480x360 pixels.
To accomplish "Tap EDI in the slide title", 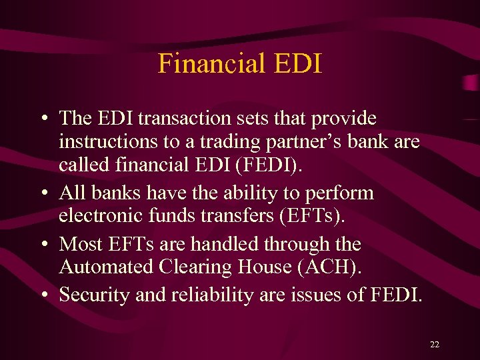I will click(x=298, y=64).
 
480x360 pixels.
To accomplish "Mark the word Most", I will click(x=79, y=244).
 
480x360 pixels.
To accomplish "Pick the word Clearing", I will click(x=186, y=268).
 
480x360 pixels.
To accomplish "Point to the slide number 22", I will click(x=435, y=345).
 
